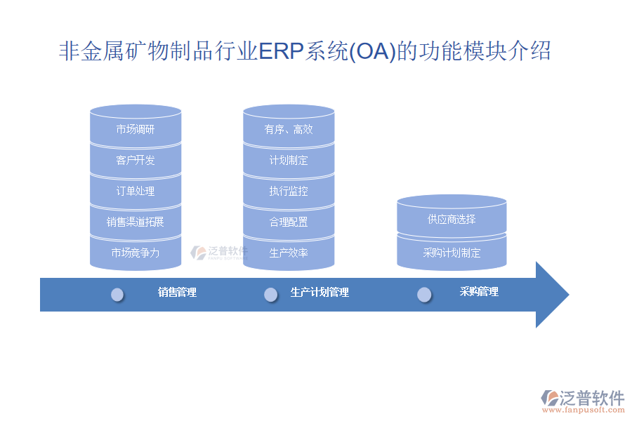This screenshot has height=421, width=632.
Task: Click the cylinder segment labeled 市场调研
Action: pyautogui.click(x=136, y=129)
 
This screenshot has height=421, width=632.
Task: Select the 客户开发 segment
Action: pyautogui.click(x=136, y=161)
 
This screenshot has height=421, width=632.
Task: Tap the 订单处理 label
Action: pyautogui.click(x=136, y=191)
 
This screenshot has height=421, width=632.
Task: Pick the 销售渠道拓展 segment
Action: pyautogui.click(x=136, y=222)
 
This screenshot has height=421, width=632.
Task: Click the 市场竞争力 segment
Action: pyautogui.click(x=136, y=253)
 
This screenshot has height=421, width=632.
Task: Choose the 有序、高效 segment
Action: pyautogui.click(x=289, y=129)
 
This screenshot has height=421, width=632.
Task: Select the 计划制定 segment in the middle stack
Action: pyautogui.click(x=289, y=161)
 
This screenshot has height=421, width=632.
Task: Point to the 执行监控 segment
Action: pyautogui.click(x=289, y=191)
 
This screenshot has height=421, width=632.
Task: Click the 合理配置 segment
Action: pyautogui.click(x=289, y=222)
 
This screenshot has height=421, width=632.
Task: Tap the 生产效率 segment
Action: pyautogui.click(x=289, y=253)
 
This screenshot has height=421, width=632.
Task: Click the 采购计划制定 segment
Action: pyautogui.click(x=452, y=253)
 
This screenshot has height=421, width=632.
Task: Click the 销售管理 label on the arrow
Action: pyautogui.click(x=178, y=292)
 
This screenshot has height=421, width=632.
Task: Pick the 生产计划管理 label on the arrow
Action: pyautogui.click(x=320, y=292)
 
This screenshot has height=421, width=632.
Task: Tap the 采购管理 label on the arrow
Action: pyautogui.click(x=479, y=292)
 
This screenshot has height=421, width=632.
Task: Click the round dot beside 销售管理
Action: pyautogui.click(x=117, y=295)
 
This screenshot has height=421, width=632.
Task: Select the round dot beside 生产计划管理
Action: pyautogui.click(x=270, y=295)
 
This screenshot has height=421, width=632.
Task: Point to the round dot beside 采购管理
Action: pyautogui.click(x=424, y=295)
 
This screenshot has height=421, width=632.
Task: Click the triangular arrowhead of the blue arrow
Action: pyautogui.click(x=550, y=295)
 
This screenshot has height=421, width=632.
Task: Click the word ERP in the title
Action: pyautogui.click(x=281, y=51)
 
